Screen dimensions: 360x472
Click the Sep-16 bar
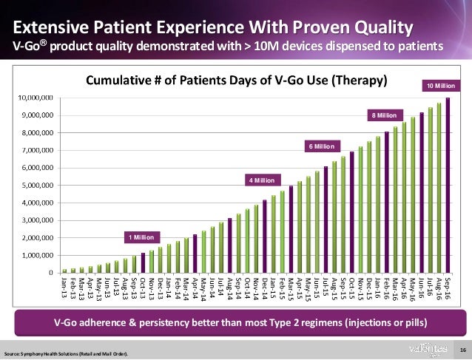448,185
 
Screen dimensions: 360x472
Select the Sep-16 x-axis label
448,289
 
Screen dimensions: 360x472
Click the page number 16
462,349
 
